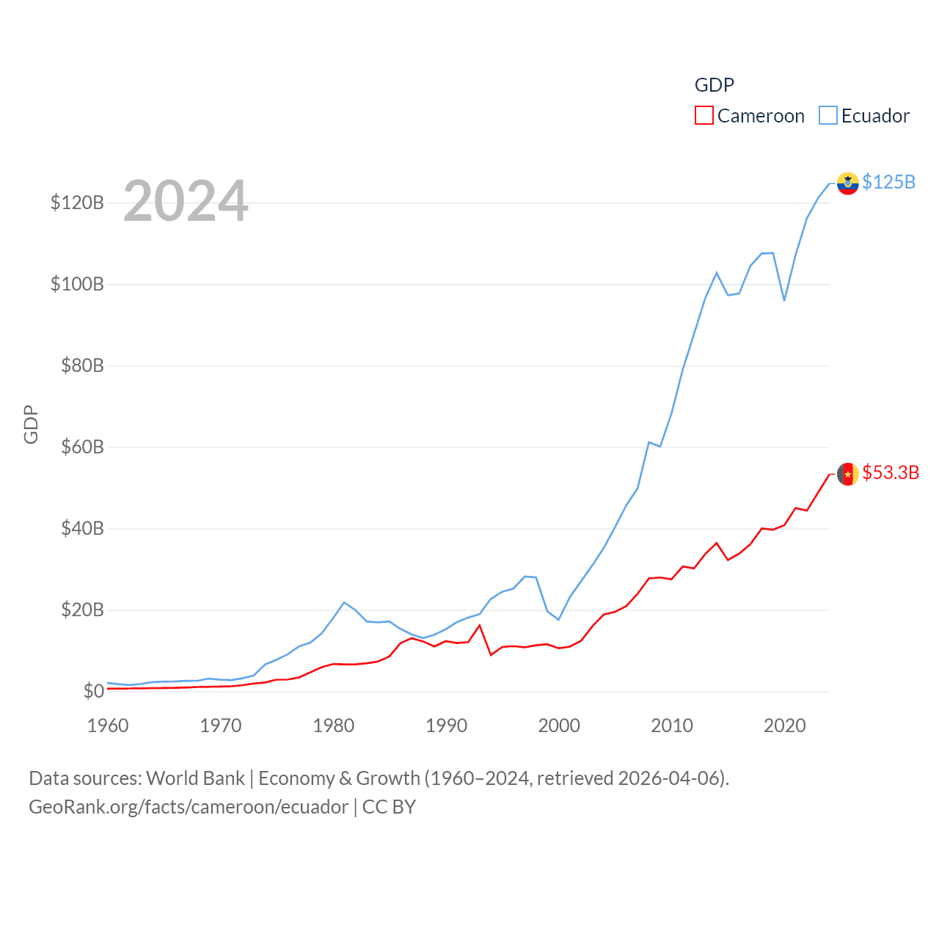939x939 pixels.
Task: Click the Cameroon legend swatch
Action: (704, 116)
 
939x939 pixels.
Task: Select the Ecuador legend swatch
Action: (828, 116)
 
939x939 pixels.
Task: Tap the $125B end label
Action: (888, 182)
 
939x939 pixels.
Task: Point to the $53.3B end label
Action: (891, 472)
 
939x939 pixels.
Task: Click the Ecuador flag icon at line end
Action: (848, 183)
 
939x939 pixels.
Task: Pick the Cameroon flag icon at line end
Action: (848, 474)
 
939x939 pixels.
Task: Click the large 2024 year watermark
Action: (186, 201)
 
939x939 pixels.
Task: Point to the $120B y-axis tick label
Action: (77, 202)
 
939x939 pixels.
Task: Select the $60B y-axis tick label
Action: (82, 447)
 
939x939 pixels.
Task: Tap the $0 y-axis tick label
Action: (93, 691)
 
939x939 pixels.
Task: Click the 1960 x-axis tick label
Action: (108, 726)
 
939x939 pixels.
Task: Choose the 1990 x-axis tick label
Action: (446, 726)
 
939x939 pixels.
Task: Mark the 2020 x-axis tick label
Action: (784, 726)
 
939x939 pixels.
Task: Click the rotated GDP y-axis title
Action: (31, 424)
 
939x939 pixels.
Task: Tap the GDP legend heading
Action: (714, 85)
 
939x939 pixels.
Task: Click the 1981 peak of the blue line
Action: (344, 602)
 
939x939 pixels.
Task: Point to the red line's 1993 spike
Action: (479, 625)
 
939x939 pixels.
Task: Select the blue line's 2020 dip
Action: (784, 300)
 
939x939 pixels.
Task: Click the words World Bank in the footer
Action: (196, 778)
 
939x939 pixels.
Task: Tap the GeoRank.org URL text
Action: (189, 807)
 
